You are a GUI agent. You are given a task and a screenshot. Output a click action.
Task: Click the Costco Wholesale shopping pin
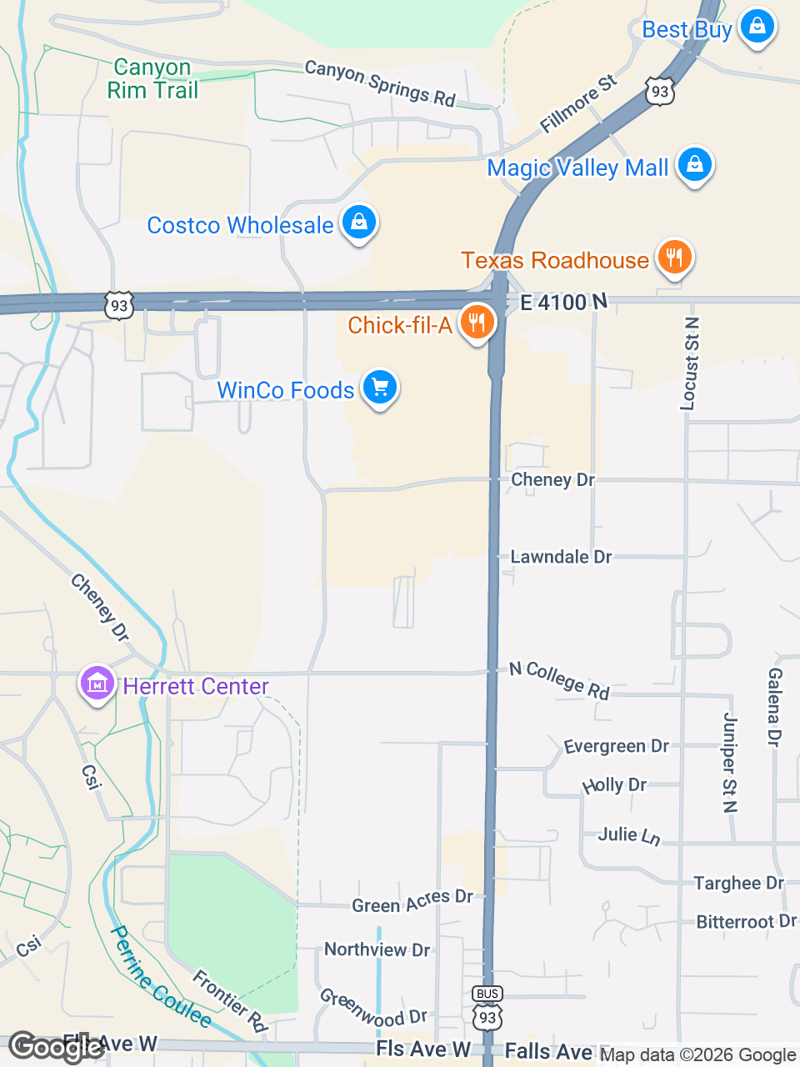click(x=359, y=223)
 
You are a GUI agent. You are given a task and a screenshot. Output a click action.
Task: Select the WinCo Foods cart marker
click(x=380, y=388)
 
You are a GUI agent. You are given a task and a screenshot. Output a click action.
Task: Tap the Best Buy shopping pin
click(x=757, y=27)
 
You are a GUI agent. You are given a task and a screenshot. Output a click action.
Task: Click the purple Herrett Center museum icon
click(x=97, y=684)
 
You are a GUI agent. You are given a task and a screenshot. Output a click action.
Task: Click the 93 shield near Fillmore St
click(x=660, y=91)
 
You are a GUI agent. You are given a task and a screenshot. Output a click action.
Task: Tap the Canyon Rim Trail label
click(x=152, y=78)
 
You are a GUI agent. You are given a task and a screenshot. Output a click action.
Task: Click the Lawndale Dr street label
click(x=561, y=557)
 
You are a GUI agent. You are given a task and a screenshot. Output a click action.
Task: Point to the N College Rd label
click(x=560, y=680)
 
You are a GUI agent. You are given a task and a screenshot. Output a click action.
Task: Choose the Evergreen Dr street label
click(x=616, y=746)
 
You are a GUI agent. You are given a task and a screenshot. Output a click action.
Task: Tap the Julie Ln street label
click(x=629, y=835)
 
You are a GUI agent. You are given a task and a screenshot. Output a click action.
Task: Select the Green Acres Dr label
click(x=412, y=902)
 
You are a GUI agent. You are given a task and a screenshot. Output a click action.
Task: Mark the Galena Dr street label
click(x=774, y=707)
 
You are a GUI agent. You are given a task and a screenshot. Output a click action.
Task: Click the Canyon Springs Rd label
click(x=380, y=83)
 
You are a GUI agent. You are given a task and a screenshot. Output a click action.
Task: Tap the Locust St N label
click(x=690, y=364)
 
